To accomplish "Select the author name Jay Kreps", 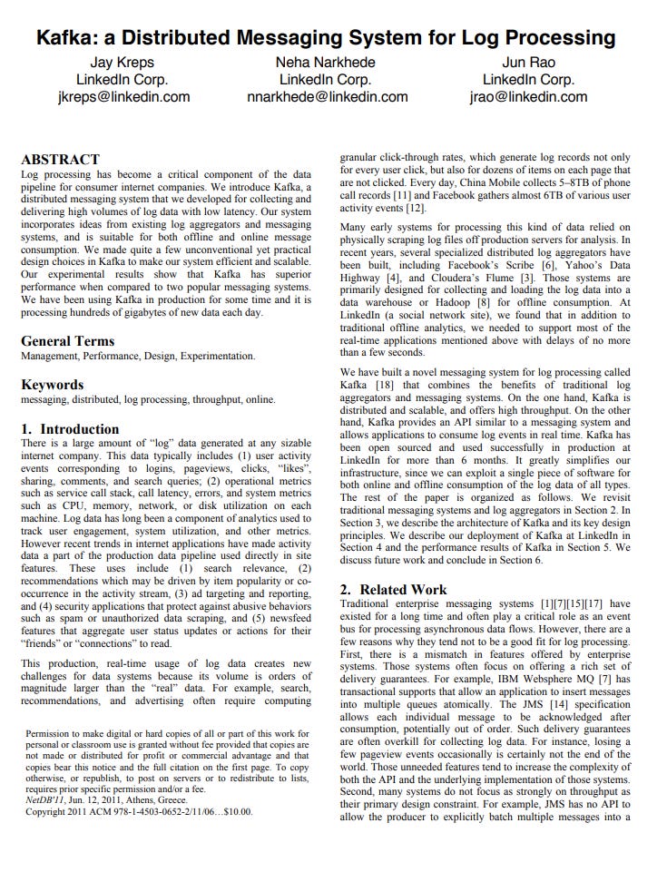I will click(122, 63).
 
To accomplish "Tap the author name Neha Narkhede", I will click(326, 63).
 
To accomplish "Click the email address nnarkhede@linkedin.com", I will click(327, 97).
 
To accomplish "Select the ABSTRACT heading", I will click(60, 159).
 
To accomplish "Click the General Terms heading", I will click(67, 341).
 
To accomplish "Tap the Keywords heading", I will click(52, 384).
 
